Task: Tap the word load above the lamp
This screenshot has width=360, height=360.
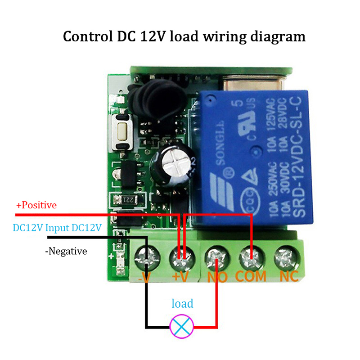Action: pos(182,304)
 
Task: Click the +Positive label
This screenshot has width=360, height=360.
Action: pos(36,205)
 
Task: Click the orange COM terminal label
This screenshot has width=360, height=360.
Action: pos(250,276)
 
